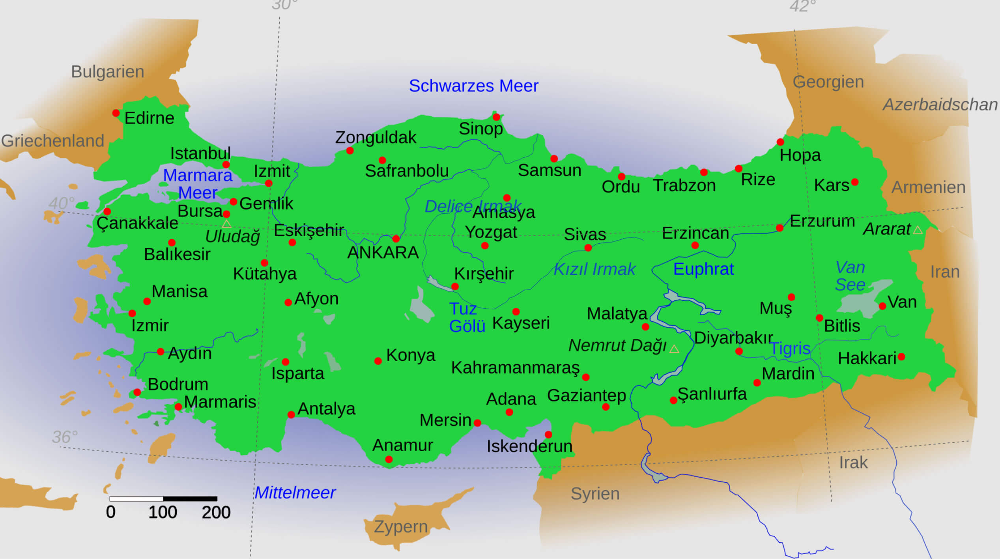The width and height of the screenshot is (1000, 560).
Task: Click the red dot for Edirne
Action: [x=116, y=113]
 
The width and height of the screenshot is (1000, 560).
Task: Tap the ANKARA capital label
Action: [x=383, y=253]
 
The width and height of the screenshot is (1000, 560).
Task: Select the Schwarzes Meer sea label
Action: [x=473, y=86]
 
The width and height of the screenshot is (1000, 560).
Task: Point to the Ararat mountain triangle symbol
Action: [x=918, y=230]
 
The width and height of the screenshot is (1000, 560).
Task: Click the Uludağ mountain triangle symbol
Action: [x=226, y=224]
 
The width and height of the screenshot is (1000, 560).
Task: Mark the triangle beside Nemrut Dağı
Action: [x=674, y=349]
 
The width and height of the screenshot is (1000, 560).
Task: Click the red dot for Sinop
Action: [x=496, y=117]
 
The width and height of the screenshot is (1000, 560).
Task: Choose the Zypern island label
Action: [x=400, y=527]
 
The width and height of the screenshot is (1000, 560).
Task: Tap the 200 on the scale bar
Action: [x=216, y=513]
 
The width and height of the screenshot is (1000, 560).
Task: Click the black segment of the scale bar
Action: [x=190, y=499]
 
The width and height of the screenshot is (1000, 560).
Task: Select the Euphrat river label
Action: [x=703, y=269]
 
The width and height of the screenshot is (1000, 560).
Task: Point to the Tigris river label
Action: [x=790, y=349]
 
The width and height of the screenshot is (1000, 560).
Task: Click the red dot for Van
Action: [x=882, y=306]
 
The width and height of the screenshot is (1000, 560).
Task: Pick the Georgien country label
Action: [x=828, y=82]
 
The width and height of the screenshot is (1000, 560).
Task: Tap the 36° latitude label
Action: [x=65, y=437]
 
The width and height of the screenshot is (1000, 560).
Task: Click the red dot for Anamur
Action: [x=389, y=459]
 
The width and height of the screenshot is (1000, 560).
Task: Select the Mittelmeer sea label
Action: [x=295, y=493]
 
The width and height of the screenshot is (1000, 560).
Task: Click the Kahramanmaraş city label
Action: [x=515, y=368]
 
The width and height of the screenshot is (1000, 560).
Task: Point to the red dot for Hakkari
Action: [x=901, y=357]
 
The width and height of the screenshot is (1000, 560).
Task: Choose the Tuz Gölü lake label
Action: [x=467, y=318]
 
